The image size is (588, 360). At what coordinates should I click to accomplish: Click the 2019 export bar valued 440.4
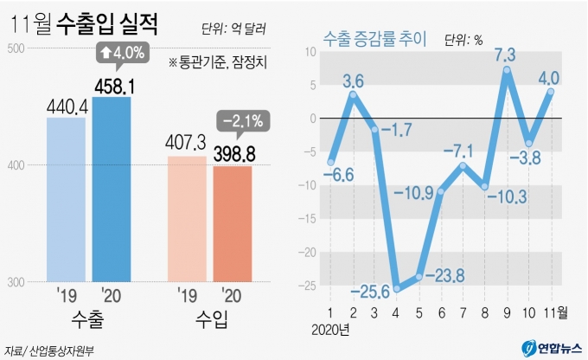[66, 199]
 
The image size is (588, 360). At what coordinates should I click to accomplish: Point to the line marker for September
[507, 70]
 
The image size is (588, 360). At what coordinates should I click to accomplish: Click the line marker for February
[352, 93]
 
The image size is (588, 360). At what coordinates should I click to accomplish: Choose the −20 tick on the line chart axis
[308, 252]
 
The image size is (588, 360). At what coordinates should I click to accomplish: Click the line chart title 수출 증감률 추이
[374, 38]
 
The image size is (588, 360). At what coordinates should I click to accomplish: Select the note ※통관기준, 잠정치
[219, 61]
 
